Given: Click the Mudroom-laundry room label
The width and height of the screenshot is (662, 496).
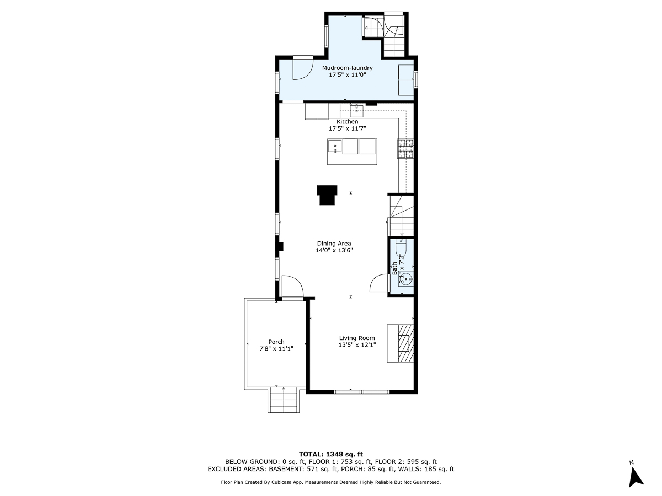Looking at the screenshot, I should click(347, 68).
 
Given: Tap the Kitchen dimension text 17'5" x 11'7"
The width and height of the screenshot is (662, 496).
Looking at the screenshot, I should click(347, 128).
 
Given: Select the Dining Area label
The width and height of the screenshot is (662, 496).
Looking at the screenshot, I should click(334, 244).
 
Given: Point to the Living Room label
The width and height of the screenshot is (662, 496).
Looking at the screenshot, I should click(357, 338).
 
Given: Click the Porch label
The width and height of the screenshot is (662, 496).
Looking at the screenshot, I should click(276, 342).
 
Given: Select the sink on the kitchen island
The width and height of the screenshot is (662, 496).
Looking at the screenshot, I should click(335, 147).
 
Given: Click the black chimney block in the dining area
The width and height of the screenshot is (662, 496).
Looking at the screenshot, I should click(327, 195).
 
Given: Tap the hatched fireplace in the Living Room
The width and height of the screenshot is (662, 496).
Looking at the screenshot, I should click(405, 343).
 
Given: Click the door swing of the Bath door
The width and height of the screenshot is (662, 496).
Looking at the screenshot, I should click(378, 284).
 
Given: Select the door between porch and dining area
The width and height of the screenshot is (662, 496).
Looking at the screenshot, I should click(291, 287).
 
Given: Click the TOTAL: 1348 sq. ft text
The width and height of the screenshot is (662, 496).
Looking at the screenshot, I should click(330, 454).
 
